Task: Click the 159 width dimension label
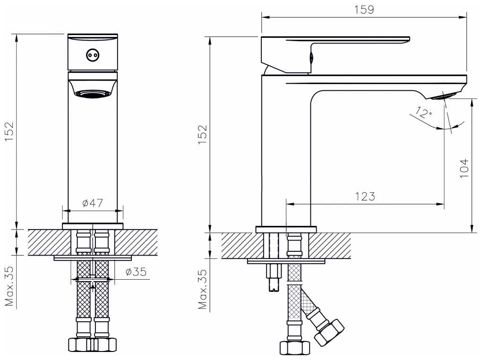[364, 9]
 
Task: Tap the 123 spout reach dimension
[365, 197]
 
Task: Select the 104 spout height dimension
[464, 168]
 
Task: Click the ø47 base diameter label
[93, 203]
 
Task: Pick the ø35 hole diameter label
[136, 272]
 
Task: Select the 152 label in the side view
[202, 135]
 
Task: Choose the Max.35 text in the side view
[203, 289]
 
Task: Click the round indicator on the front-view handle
[92, 56]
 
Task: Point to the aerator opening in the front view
[93, 94]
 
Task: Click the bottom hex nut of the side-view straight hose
[294, 348]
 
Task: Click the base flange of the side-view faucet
[286, 230]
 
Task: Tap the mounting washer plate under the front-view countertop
[93, 258]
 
